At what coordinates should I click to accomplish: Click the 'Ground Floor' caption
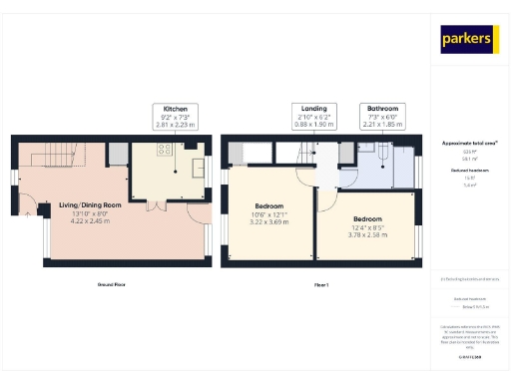(111, 284)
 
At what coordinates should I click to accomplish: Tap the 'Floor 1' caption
(321, 284)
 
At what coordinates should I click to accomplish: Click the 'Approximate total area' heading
(469, 143)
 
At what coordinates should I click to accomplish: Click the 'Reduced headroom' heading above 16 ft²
(469, 171)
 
